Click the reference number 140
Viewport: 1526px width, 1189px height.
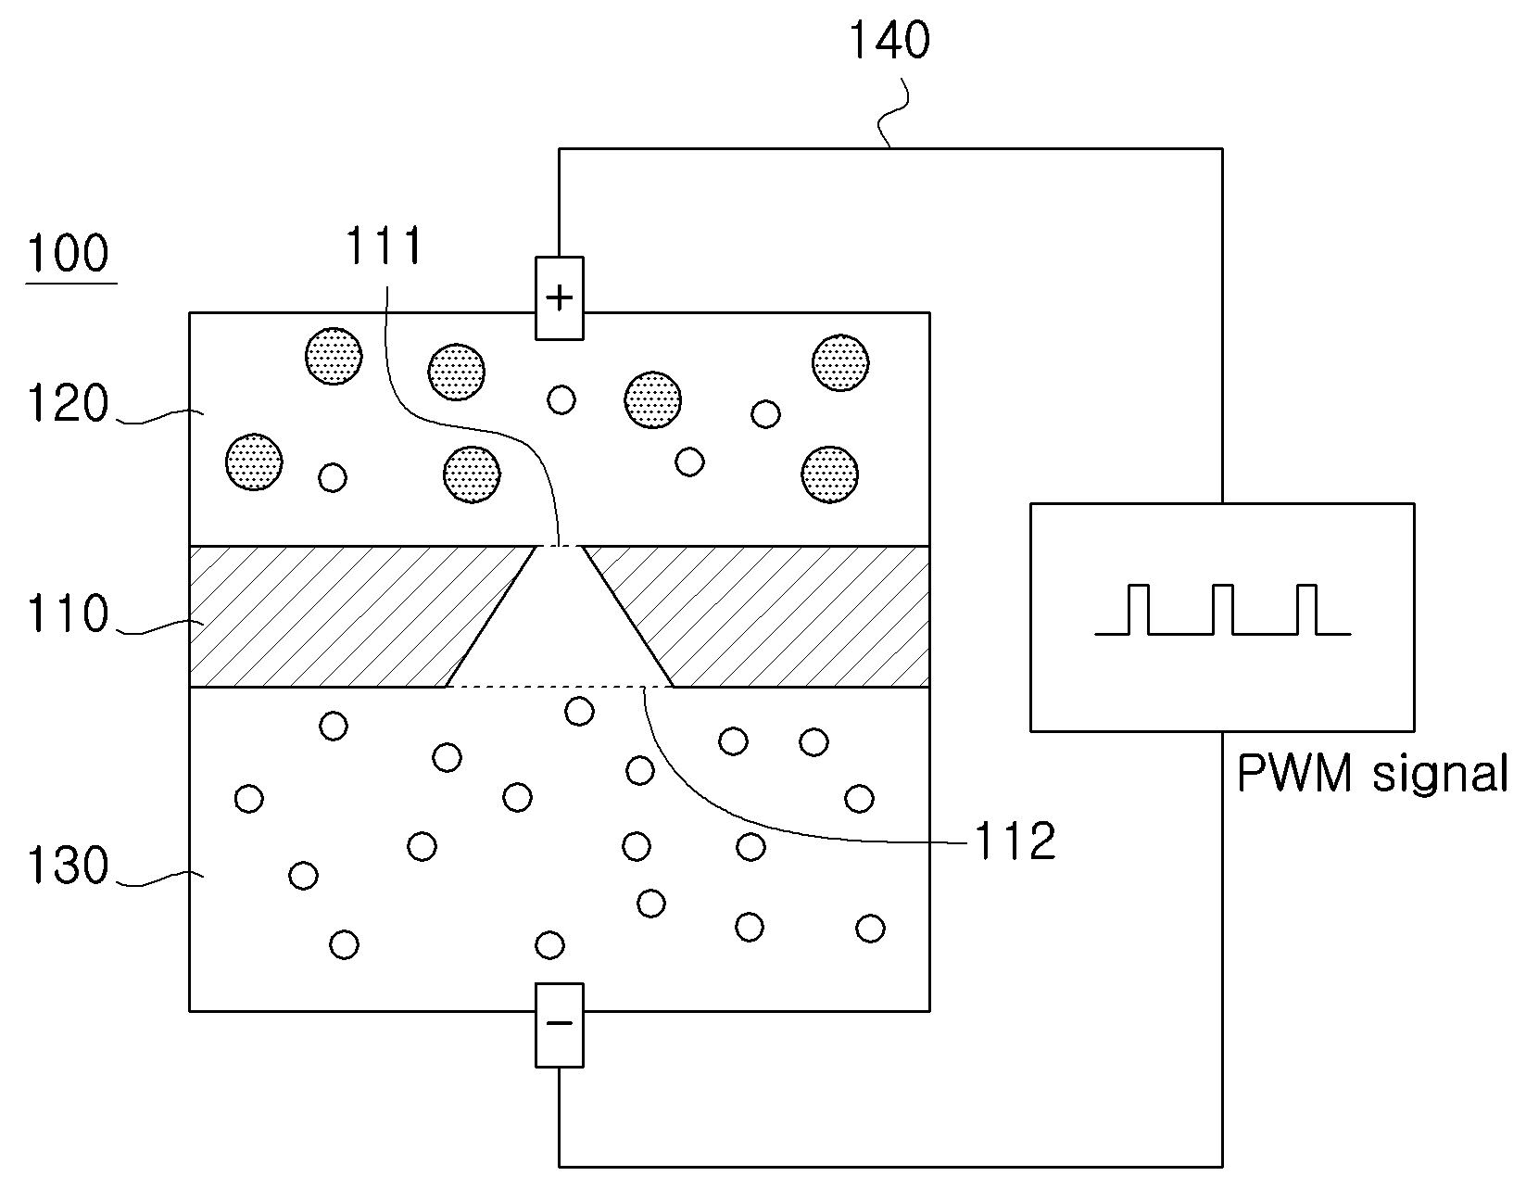click(889, 40)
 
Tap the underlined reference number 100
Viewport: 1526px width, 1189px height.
click(69, 253)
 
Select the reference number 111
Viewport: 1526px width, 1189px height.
click(385, 245)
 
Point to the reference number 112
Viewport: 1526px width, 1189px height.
click(1015, 841)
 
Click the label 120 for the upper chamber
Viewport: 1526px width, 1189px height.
click(69, 403)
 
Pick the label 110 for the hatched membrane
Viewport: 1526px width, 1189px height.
click(69, 613)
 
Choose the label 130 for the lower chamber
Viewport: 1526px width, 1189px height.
click(69, 865)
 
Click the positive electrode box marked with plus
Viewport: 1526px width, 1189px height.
click(560, 298)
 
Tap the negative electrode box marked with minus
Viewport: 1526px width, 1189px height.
click(560, 1025)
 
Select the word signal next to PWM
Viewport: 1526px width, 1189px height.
click(1440, 776)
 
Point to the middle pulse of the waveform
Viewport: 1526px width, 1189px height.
click(1223, 610)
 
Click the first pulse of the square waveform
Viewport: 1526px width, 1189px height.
click(1139, 610)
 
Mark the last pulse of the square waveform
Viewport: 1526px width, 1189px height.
click(1306, 610)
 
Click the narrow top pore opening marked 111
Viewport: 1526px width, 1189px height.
click(560, 546)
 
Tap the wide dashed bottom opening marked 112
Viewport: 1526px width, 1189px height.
click(560, 686)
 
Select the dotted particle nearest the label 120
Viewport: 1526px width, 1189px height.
click(254, 462)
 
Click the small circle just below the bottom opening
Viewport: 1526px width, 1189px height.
click(579, 712)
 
